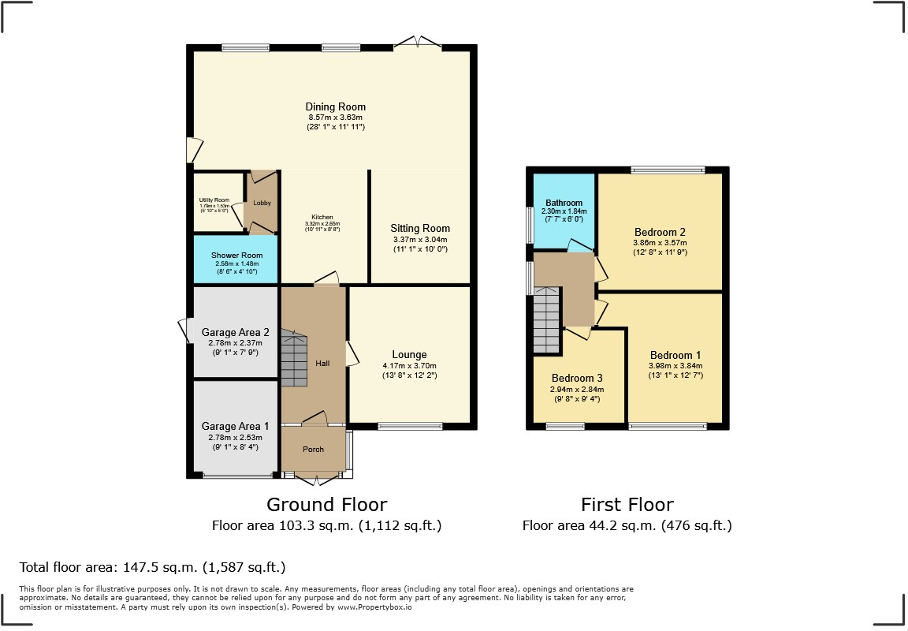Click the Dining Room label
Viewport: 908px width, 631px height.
pyautogui.click(x=336, y=107)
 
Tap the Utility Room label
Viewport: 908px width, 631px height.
pyautogui.click(x=214, y=200)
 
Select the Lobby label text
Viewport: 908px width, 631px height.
pyautogui.click(x=262, y=203)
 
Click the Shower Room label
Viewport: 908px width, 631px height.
pyautogui.click(x=236, y=256)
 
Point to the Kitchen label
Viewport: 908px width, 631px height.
pyautogui.click(x=322, y=217)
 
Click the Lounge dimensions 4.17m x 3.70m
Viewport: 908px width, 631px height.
pyautogui.click(x=409, y=366)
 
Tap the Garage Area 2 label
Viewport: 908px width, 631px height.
pyautogui.click(x=236, y=333)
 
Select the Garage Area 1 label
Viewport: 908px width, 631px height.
pyautogui.click(x=236, y=426)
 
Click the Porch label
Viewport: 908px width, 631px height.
pyautogui.click(x=314, y=450)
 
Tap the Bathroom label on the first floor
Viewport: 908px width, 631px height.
pyautogui.click(x=564, y=203)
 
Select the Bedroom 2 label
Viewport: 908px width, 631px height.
pyautogui.click(x=660, y=232)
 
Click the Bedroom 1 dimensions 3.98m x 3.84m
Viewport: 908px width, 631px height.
pyautogui.click(x=675, y=366)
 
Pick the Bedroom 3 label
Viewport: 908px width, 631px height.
pyautogui.click(x=578, y=377)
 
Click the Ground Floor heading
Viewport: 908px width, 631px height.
pyautogui.click(x=326, y=504)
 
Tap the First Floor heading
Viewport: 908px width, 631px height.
pyautogui.click(x=627, y=504)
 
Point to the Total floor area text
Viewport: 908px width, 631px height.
pyautogui.click(x=152, y=567)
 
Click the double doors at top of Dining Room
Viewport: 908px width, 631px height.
pyautogui.click(x=419, y=42)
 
